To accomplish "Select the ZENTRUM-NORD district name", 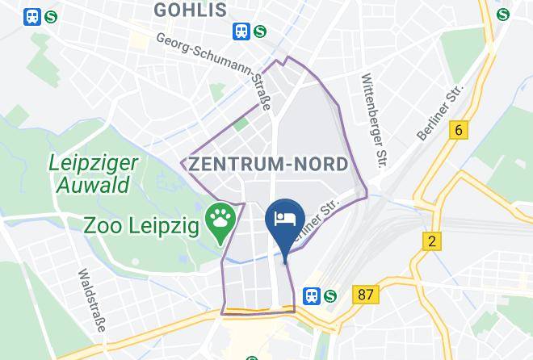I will point(269,164).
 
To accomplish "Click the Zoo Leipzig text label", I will point(141,225).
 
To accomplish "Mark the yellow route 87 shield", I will point(366,295).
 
